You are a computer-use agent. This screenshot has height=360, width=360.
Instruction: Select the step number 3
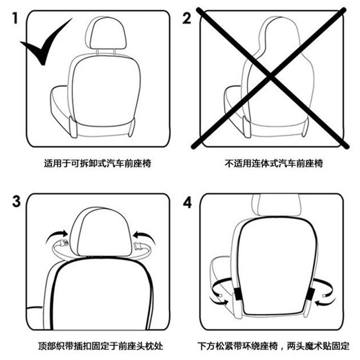pos(16,201)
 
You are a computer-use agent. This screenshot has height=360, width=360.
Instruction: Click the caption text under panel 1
pos(97,163)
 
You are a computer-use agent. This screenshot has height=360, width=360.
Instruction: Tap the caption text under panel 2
pos(274,163)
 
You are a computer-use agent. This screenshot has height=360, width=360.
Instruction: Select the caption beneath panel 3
pos(100,346)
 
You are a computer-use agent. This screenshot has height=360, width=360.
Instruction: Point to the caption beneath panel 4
pos(274,346)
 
